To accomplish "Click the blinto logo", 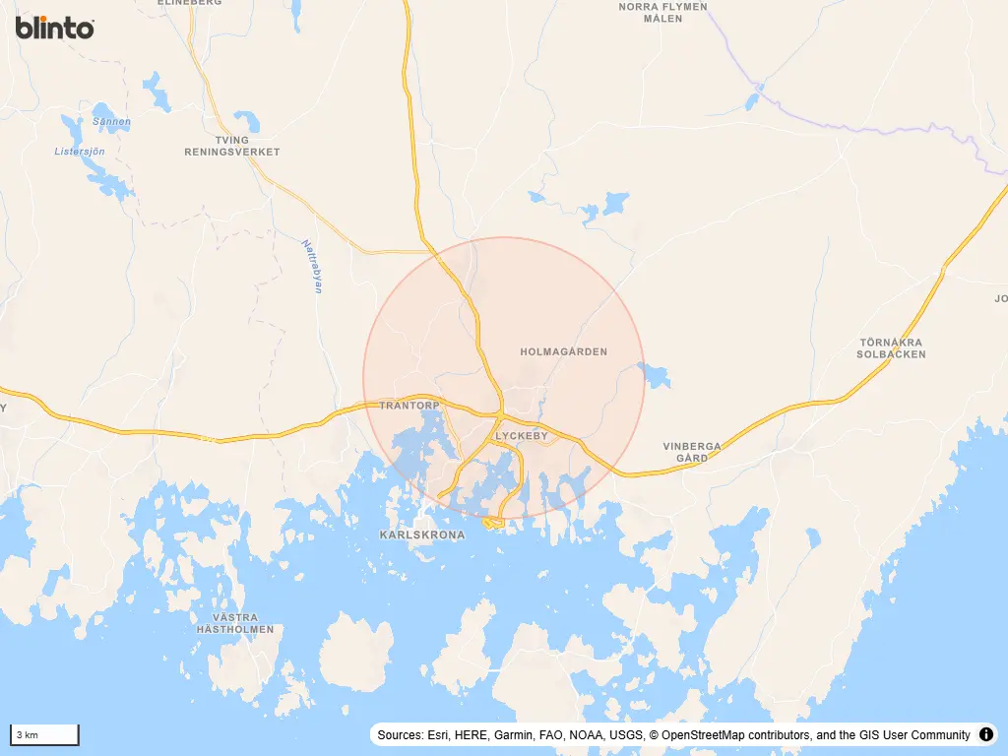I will pyautogui.click(x=55, y=28).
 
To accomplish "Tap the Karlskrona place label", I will pyautogui.click(x=421, y=535).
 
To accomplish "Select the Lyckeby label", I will pyautogui.click(x=521, y=435).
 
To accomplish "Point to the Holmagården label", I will pyautogui.click(x=563, y=351).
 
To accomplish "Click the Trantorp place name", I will pyautogui.click(x=409, y=406).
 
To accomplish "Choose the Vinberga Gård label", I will pyautogui.click(x=691, y=452).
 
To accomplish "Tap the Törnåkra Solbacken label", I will pyautogui.click(x=892, y=348).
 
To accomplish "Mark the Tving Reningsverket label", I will pyautogui.click(x=232, y=147).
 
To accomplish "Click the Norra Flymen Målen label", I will pyautogui.click(x=662, y=12).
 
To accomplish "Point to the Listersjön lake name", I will pyautogui.click(x=79, y=152).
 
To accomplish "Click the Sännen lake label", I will pyautogui.click(x=110, y=122).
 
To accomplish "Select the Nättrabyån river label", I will pyautogui.click(x=312, y=266).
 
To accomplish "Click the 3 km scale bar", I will pyautogui.click(x=44, y=734).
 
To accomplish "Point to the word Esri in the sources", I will pyautogui.click(x=440, y=735).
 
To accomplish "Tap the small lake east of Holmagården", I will pyautogui.click(x=654, y=374).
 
